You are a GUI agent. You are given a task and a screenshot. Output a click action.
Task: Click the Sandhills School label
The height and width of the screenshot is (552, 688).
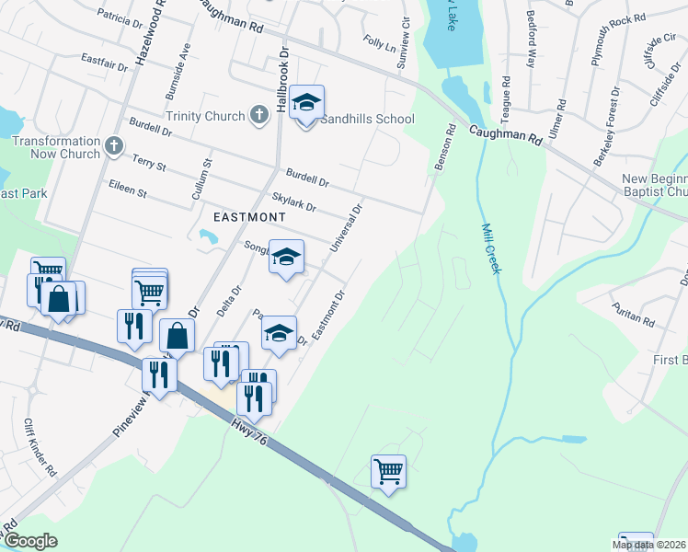(x=368, y=119)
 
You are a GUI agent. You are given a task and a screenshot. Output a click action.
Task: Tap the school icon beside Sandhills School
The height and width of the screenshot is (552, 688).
(x=306, y=103)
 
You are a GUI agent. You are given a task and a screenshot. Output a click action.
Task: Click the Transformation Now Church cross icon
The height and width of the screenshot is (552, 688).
(x=113, y=146)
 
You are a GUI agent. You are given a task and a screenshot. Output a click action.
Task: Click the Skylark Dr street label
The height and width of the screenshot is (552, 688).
(x=294, y=202)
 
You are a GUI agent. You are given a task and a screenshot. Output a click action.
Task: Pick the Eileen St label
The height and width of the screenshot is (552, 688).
(x=128, y=192)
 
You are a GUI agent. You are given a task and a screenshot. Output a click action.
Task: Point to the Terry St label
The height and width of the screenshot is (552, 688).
(x=148, y=165)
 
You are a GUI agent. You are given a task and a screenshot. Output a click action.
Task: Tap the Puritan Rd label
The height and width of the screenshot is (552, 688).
(x=636, y=322)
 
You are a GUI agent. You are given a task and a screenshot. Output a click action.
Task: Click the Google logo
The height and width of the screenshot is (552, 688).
(x=30, y=541)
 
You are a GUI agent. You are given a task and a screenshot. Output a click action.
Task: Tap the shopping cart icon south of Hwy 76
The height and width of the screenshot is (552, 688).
(x=388, y=471)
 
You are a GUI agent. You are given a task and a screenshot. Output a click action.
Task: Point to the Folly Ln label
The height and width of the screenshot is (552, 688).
(x=379, y=43)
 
